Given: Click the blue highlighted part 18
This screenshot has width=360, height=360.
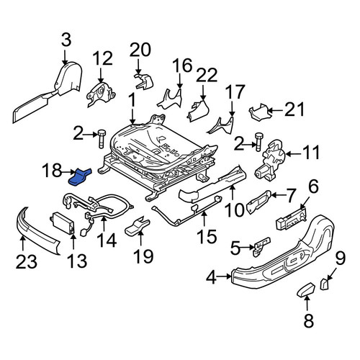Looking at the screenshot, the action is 80,177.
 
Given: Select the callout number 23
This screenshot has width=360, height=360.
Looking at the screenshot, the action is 27,261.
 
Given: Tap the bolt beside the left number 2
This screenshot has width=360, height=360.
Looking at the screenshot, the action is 101,139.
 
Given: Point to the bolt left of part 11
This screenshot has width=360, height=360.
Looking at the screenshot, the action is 258,143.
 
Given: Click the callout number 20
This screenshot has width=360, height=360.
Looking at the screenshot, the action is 140,50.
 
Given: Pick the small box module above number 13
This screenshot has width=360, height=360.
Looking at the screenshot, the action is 63,221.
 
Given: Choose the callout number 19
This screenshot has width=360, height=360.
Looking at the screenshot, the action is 143,256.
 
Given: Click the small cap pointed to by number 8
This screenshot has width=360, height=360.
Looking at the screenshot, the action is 306,290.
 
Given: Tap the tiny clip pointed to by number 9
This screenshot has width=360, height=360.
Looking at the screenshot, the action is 324,284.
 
